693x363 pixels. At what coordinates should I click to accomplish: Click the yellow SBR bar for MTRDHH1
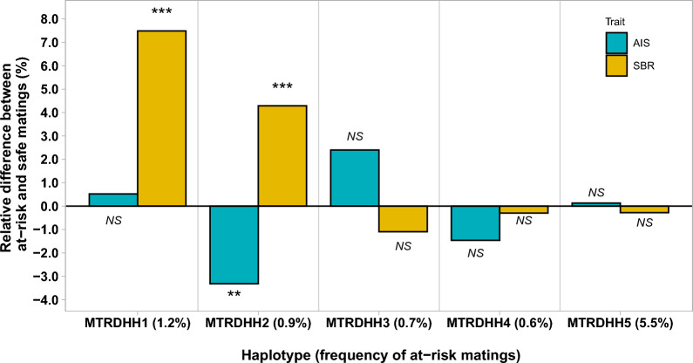[x=162, y=118]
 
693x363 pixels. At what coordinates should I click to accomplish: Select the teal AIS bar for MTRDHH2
[x=234, y=245]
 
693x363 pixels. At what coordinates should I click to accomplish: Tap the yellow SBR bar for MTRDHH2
[x=282, y=156]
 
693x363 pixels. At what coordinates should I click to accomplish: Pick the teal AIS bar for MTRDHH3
[x=355, y=178]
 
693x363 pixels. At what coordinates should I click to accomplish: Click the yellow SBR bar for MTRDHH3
[x=403, y=219]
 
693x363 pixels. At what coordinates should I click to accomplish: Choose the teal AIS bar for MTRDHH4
[x=476, y=223]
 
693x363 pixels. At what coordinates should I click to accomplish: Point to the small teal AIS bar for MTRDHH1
[x=113, y=200]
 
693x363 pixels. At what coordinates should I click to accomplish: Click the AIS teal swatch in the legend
[x=616, y=44]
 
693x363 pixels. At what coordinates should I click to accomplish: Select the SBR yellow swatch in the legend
[x=616, y=65]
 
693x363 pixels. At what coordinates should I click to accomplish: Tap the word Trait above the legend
[x=615, y=22]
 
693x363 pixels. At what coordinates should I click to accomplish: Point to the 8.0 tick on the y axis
[x=49, y=19]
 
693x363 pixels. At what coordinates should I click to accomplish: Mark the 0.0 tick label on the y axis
[x=49, y=206]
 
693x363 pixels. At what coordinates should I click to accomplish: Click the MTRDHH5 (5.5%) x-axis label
[x=620, y=323]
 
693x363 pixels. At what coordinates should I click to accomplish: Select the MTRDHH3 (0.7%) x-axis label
[x=379, y=323]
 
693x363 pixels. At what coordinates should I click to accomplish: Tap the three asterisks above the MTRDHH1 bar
[x=162, y=11]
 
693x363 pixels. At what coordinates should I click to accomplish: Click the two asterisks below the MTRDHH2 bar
[x=234, y=293]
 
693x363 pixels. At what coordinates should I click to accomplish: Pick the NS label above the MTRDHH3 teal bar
[x=355, y=136]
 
